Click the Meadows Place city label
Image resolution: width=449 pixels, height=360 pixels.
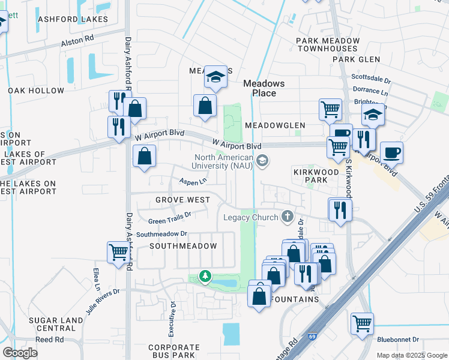[x=264, y=88]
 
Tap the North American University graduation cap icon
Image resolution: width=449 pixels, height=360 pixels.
[x=262, y=161]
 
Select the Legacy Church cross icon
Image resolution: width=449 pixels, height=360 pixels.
[x=288, y=217]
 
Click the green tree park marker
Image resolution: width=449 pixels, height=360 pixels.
[x=205, y=276]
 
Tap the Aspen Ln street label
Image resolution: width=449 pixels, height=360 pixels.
[x=193, y=181]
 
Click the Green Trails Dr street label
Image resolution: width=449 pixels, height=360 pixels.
[x=169, y=217]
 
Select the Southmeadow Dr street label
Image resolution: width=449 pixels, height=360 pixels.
[x=161, y=234]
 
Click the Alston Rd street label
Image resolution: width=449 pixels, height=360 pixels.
[x=77, y=41]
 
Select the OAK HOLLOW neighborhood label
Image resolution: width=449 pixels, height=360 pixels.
[x=36, y=91]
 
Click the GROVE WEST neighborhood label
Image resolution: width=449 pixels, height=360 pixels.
[x=182, y=200]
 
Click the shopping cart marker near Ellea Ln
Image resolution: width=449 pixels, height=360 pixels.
[x=118, y=252]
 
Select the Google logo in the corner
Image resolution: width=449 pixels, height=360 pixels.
[x=20, y=352]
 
